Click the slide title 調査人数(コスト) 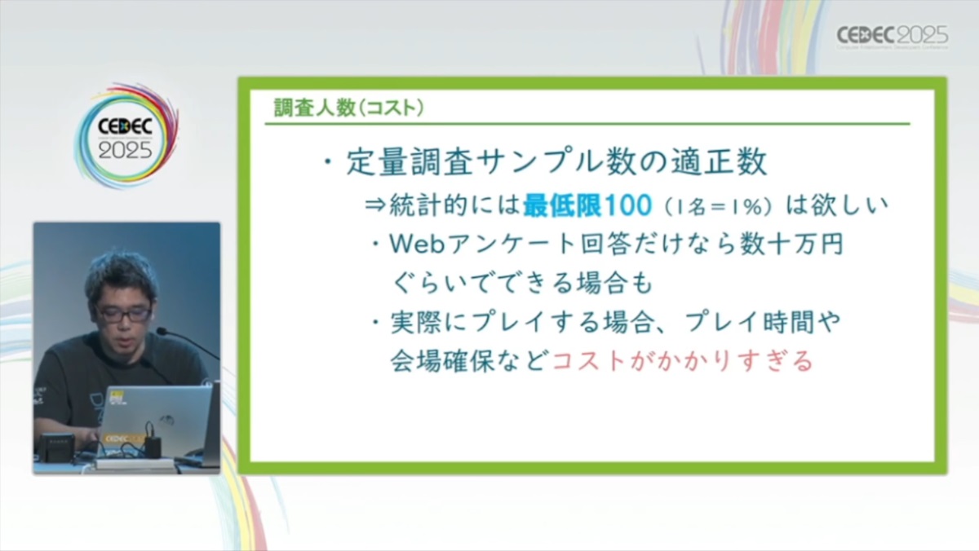coord(349,108)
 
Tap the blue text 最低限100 coord(587,205)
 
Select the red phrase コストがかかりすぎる coord(683,361)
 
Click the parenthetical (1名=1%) coord(719,206)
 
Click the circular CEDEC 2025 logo coord(126,136)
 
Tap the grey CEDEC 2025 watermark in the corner coord(892,37)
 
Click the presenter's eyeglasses coord(124,314)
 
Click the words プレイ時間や coord(762,322)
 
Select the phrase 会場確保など coord(470,361)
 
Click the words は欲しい coord(837,205)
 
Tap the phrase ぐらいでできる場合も coord(522,283)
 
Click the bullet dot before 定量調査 coord(327,162)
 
